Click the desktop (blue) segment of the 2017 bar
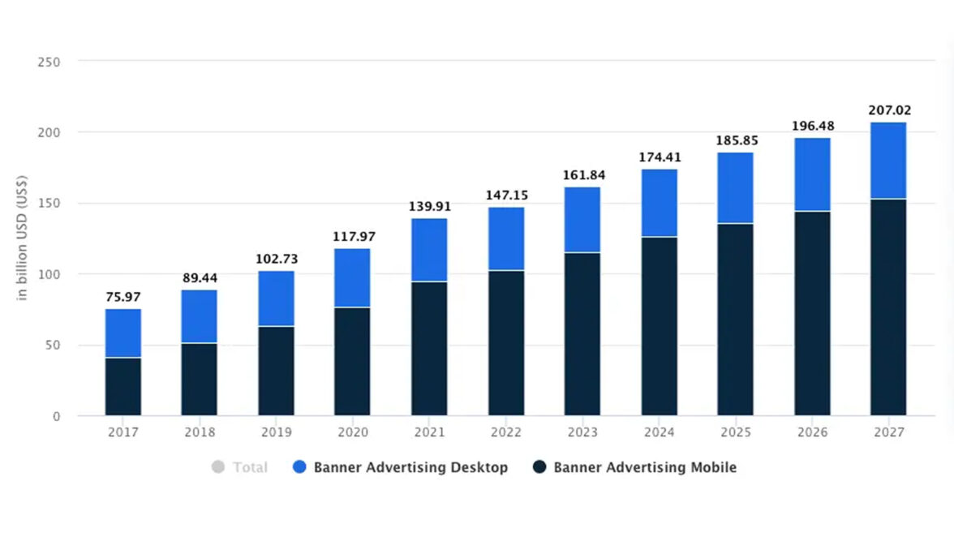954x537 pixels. [122, 333]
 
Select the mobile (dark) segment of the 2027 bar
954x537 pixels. [888, 307]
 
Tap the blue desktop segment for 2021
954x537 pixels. [429, 250]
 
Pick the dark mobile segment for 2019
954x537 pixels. [276, 371]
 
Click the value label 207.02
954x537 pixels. [888, 111]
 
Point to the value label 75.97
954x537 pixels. [122, 297]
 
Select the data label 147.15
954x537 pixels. [505, 195]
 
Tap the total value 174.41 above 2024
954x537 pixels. [659, 157]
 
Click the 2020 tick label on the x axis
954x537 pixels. [352, 432]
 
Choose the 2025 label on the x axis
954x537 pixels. [735, 432]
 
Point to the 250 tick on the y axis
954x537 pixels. [49, 62]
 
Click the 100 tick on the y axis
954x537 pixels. [49, 275]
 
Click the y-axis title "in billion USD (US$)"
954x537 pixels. [23, 238]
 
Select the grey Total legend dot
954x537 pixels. [217, 467]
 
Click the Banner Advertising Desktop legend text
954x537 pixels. [410, 467]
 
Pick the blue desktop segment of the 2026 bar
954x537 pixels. [812, 174]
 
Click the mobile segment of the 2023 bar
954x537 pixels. [582, 334]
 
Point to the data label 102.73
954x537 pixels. [276, 259]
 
